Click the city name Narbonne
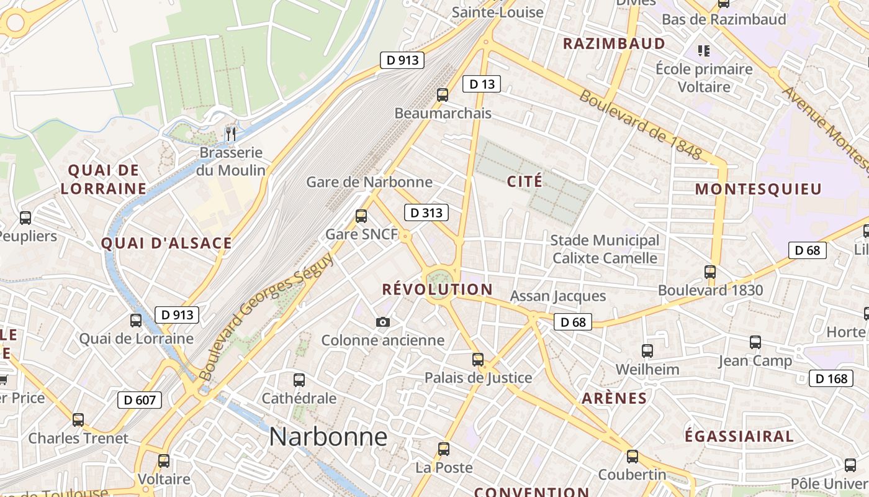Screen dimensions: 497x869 [x=328, y=437]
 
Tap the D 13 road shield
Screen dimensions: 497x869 [x=481, y=84]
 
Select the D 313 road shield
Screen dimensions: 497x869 [x=426, y=213]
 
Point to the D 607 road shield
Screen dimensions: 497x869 [x=140, y=400]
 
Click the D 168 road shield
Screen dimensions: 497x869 [x=831, y=378]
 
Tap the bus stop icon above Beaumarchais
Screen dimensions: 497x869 [x=443, y=95]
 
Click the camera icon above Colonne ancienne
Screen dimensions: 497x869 [x=383, y=322]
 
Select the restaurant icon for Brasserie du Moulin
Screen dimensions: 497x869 [x=231, y=133]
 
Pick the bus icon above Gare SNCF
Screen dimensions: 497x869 [x=361, y=216]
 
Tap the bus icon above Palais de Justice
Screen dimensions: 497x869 [x=478, y=360]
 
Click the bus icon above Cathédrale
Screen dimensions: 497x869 [x=299, y=380]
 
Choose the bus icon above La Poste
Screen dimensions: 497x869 [x=444, y=449]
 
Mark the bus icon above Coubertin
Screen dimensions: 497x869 [x=633, y=457]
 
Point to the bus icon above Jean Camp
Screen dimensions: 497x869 [x=755, y=342]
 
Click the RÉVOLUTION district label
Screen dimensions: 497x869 [x=437, y=290]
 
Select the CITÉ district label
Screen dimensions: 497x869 [x=525, y=181]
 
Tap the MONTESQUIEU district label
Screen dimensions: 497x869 [x=758, y=189]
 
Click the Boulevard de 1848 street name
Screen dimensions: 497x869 [x=641, y=125]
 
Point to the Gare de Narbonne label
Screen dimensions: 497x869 [x=369, y=182]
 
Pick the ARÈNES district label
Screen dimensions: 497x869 [x=614, y=398]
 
